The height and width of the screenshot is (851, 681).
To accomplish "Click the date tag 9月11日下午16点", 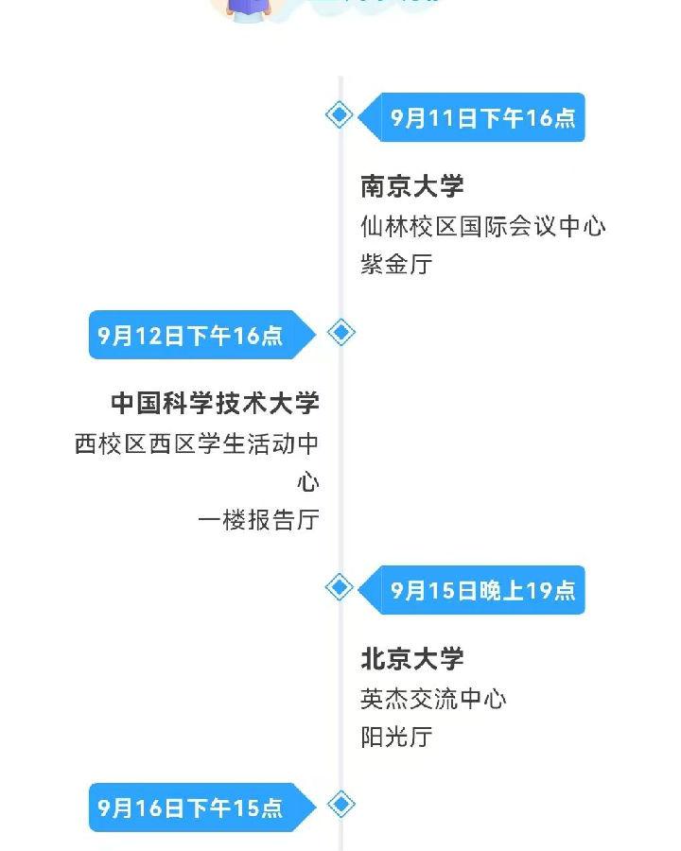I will tap(483, 118).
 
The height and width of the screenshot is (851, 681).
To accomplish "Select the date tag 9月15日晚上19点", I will tap(483, 591).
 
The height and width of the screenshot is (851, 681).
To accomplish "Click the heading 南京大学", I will tap(412, 186).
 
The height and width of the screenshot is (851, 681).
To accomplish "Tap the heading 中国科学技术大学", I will tap(216, 404).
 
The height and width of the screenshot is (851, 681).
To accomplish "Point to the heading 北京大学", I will tap(412, 659).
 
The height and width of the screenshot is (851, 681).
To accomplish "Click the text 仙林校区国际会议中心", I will tap(483, 227).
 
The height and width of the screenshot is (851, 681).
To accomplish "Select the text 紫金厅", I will tap(396, 265).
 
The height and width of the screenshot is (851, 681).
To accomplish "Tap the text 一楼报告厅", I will tap(258, 520).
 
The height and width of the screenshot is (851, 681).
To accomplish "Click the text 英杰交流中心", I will tap(433, 700).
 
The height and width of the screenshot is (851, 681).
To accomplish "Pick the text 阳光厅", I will tap(396, 738).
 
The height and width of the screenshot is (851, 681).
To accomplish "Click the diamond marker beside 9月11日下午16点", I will tap(340, 115).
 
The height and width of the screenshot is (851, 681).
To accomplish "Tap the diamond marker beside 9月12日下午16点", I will tap(340, 333).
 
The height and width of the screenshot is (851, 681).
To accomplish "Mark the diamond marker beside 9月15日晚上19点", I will tap(340, 587).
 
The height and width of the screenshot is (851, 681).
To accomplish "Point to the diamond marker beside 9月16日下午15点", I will tap(340, 805).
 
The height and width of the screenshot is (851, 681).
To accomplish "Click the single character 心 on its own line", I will tap(308, 482).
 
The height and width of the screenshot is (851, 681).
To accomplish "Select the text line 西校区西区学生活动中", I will tap(197, 444).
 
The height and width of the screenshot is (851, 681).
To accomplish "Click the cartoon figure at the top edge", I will tap(246, 9).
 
